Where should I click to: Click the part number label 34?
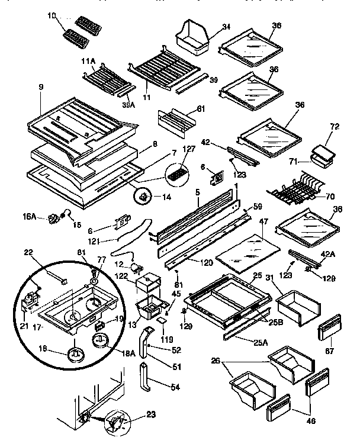tap(209, 26)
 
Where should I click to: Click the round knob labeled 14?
tap(143, 196)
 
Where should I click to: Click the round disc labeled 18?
tap(75, 354)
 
